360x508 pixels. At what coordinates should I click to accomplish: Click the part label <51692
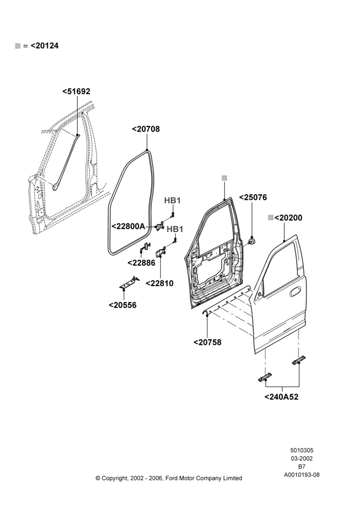tap(76, 91)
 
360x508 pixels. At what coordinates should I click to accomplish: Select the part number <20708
tap(146, 129)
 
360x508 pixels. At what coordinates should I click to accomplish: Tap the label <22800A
tap(129, 226)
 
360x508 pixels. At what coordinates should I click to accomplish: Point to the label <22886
tap(141, 263)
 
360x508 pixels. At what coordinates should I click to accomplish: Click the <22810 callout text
tap(160, 283)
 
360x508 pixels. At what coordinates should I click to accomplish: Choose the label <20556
tap(123, 305)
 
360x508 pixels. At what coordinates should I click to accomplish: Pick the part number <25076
tap(253, 197)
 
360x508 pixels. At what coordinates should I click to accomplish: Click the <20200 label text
tap(288, 218)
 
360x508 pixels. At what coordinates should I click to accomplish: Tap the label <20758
tap(207, 342)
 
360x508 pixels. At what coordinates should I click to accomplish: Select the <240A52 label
tap(282, 397)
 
